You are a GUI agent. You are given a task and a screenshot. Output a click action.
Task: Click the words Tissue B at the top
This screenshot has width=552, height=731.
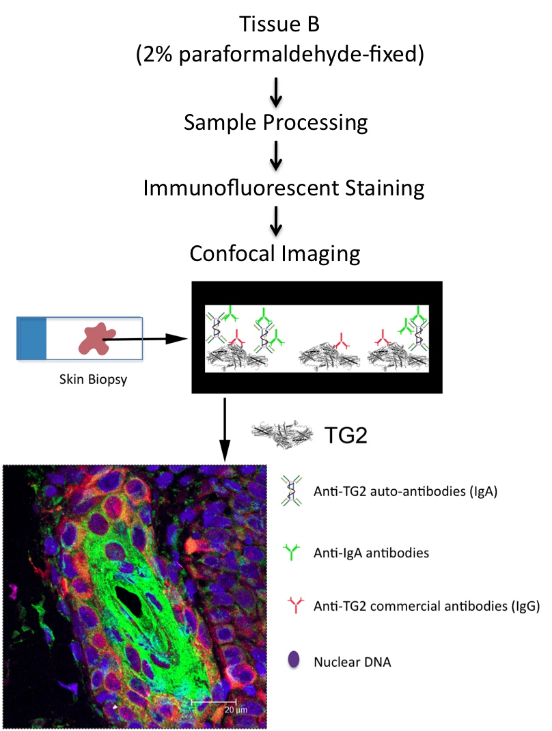(275, 25)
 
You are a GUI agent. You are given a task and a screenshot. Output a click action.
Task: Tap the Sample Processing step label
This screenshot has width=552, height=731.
(275, 123)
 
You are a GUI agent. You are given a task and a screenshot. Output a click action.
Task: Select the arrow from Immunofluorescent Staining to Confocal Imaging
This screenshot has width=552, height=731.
(275, 220)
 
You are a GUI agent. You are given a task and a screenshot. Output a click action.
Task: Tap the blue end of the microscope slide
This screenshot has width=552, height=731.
(32, 338)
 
